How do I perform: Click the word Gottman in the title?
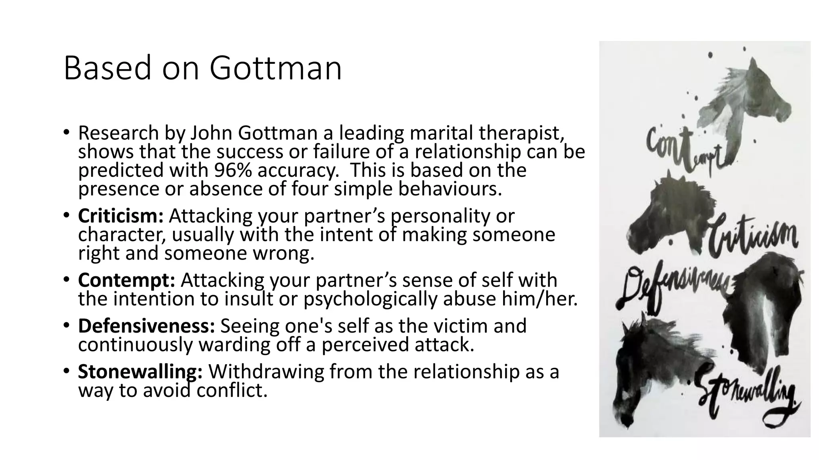276,68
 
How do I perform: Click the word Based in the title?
108,68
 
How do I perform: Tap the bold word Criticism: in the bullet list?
120,216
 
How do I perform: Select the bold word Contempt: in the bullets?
126,280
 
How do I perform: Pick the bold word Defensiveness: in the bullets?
146,326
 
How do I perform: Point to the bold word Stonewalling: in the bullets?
140,372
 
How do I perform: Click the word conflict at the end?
232,390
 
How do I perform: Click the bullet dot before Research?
66,132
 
